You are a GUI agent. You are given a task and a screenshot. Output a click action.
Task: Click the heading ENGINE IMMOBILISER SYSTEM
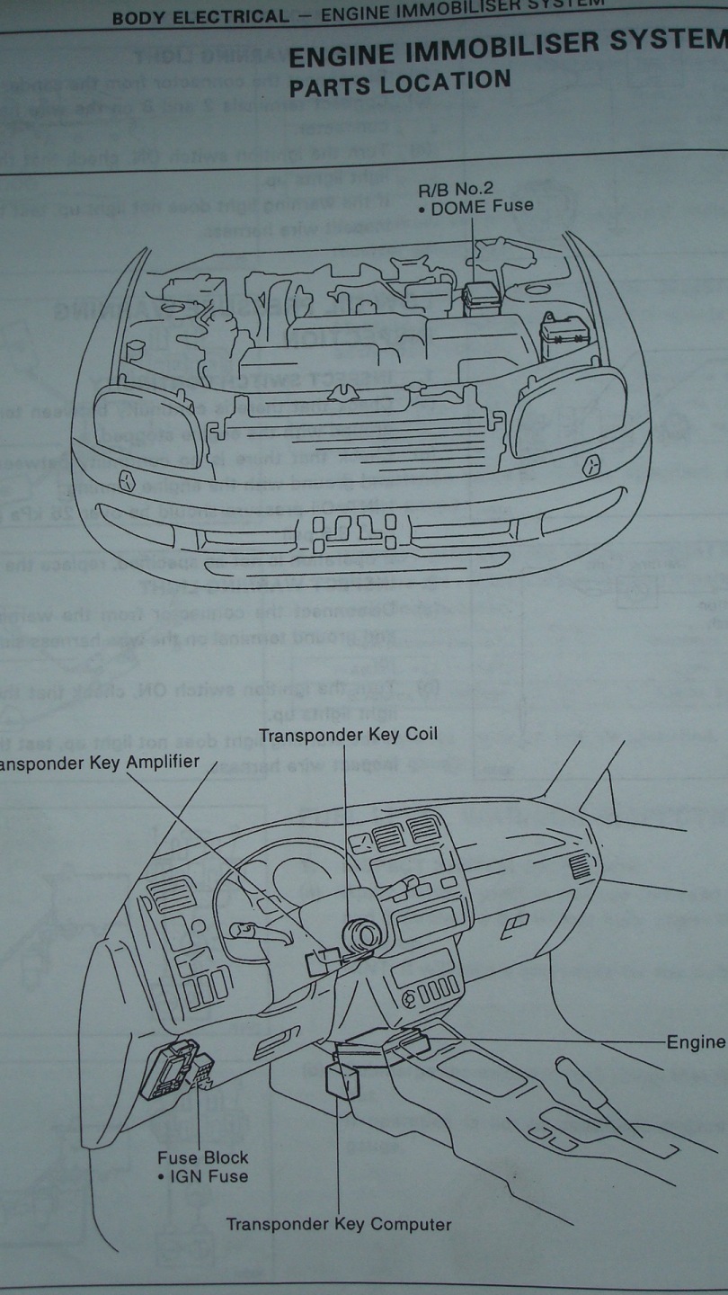click(x=508, y=49)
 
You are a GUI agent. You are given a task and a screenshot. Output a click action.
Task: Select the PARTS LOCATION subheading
click(x=401, y=81)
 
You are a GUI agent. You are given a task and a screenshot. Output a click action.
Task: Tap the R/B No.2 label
click(x=454, y=189)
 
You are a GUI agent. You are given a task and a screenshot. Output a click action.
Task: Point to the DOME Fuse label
click(x=481, y=206)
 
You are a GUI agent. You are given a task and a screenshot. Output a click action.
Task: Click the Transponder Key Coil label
click(x=348, y=734)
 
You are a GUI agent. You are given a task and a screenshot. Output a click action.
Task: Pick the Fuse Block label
click(x=202, y=1157)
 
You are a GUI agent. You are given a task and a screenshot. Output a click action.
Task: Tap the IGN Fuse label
click(x=203, y=1175)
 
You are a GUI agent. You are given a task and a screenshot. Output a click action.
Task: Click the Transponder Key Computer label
click(x=339, y=1224)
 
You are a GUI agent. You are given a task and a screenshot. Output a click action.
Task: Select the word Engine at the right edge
click(x=696, y=1041)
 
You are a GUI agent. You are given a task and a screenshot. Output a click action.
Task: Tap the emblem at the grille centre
click(x=341, y=392)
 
